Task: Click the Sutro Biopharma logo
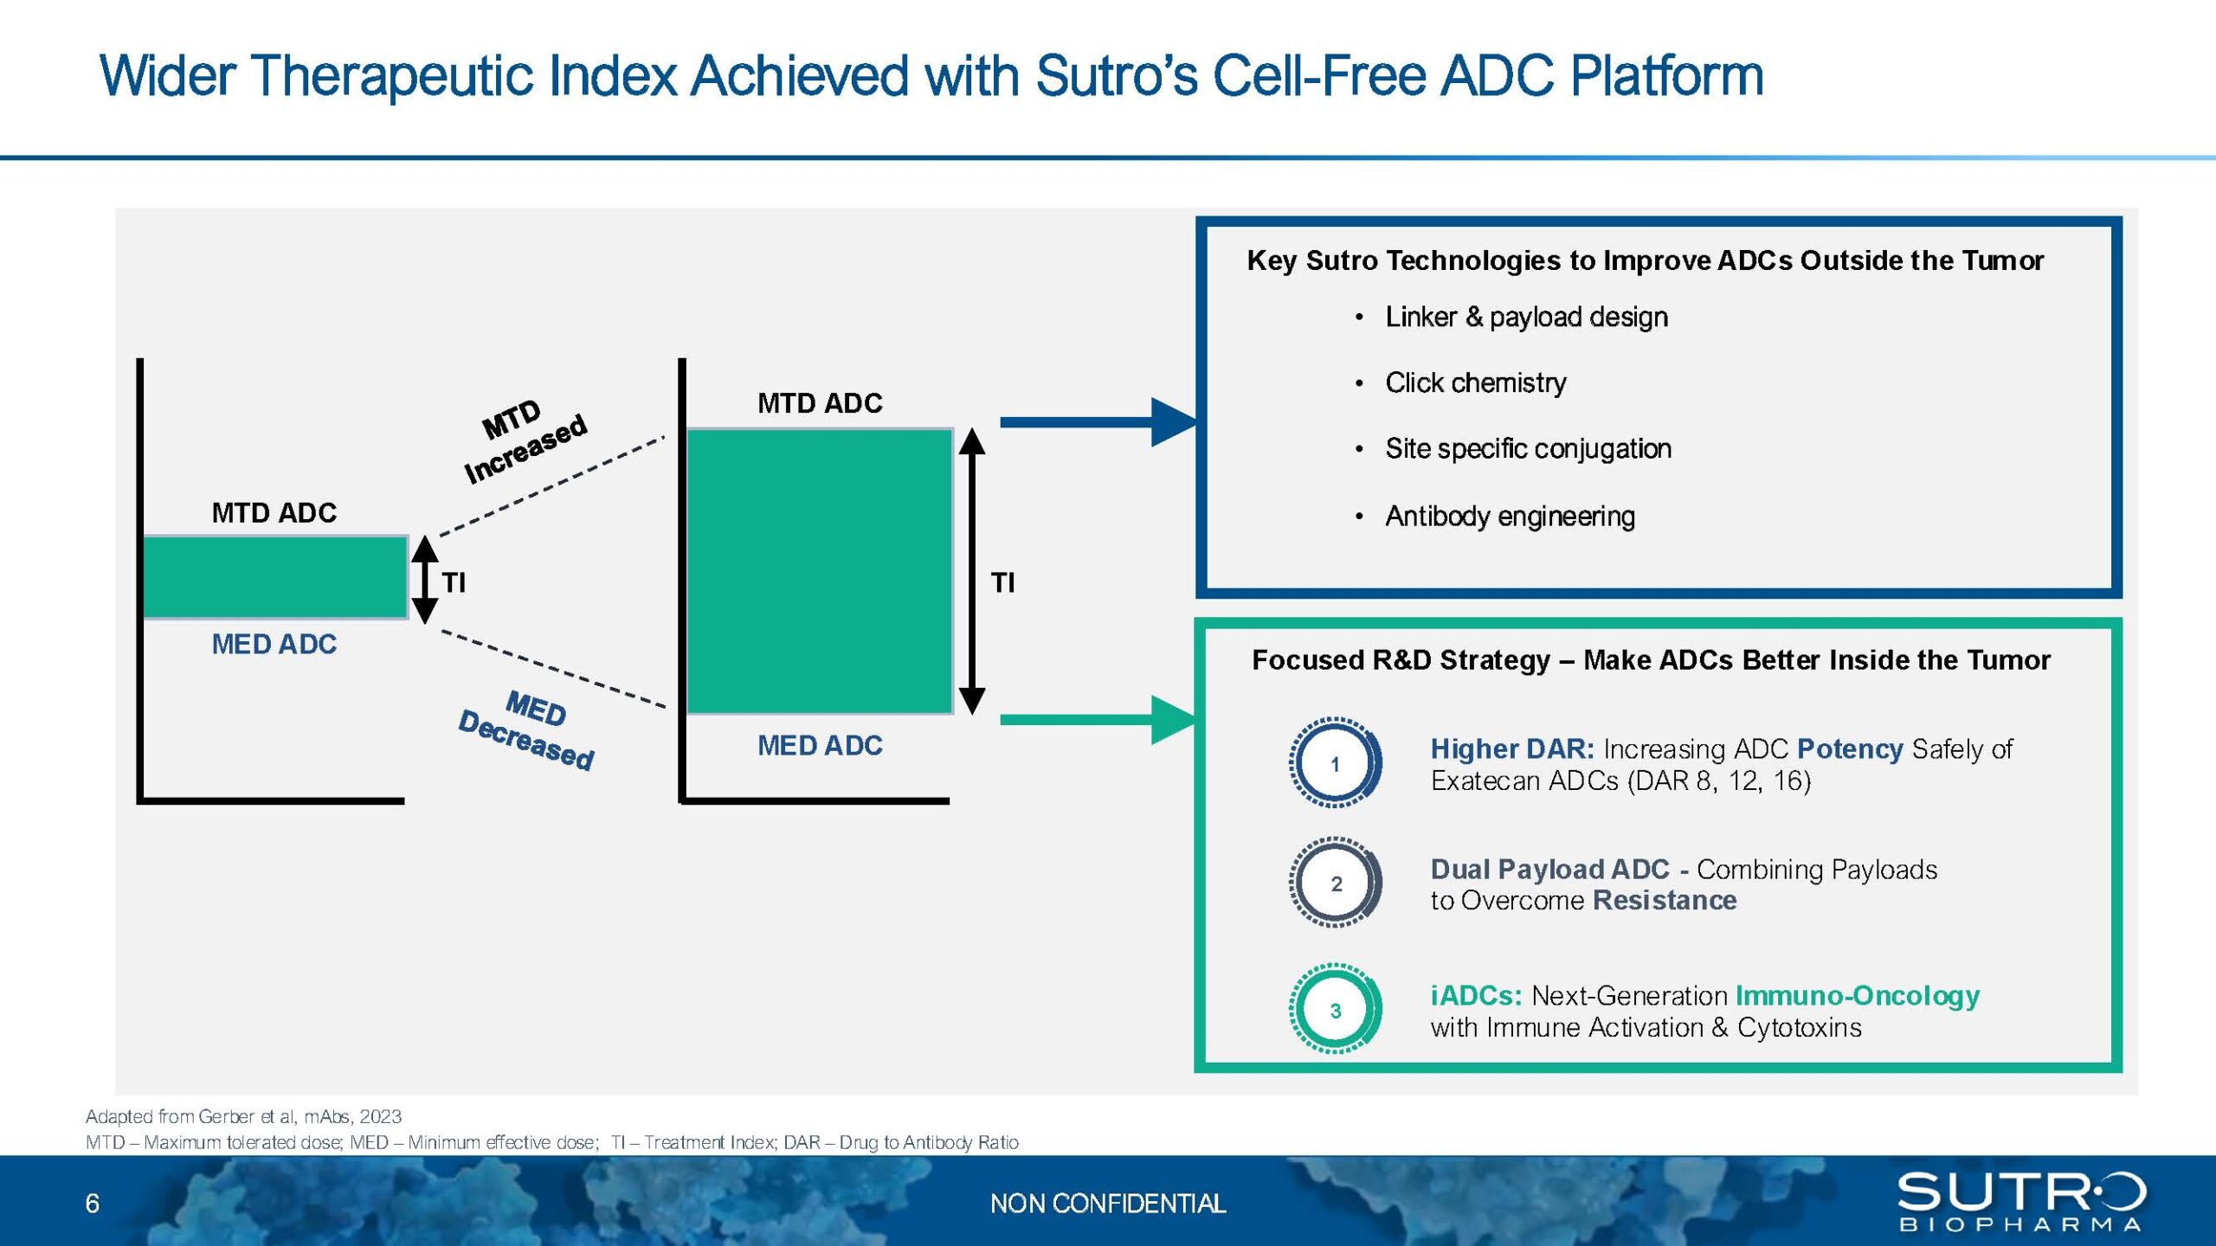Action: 2021,1200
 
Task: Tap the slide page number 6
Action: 93,1204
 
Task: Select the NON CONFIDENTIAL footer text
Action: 1108,1204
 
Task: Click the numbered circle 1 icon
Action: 1335,763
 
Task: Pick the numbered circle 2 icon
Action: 1335,883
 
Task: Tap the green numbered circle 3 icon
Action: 1335,1010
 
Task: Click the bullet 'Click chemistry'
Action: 1476,383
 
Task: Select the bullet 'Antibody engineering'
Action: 1511,517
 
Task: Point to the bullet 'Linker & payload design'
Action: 1526,318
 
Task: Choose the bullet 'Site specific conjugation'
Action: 1528,449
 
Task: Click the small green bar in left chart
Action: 275,577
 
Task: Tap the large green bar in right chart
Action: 820,571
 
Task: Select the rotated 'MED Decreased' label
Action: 526,729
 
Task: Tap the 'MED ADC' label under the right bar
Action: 820,746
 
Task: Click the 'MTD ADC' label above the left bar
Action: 274,513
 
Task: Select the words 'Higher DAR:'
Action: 1512,748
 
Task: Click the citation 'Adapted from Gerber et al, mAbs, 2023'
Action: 243,1116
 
